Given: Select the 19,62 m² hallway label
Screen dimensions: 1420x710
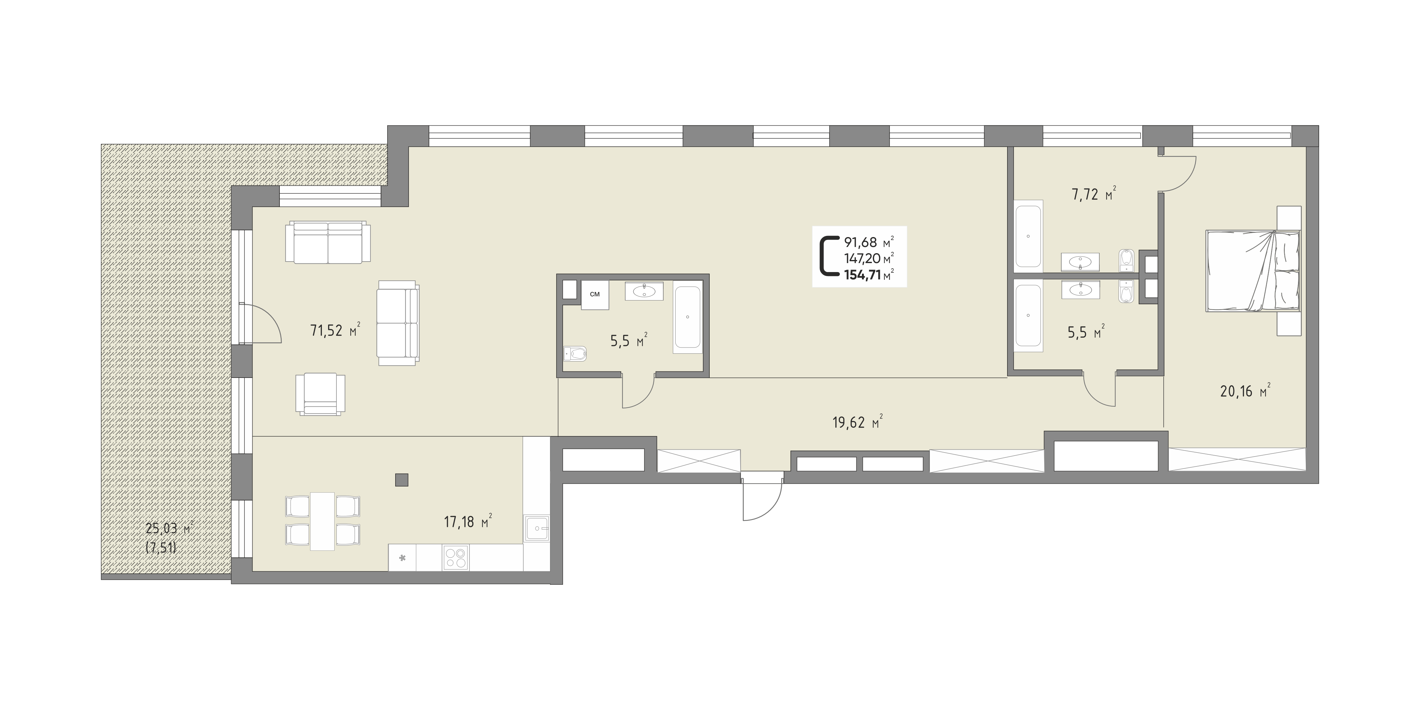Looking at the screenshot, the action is [858, 422].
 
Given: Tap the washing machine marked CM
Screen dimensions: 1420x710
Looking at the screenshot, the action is [595, 295].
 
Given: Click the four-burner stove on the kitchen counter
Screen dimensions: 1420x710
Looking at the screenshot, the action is [455, 557].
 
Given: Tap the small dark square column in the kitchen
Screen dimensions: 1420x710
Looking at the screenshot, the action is [402, 480].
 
